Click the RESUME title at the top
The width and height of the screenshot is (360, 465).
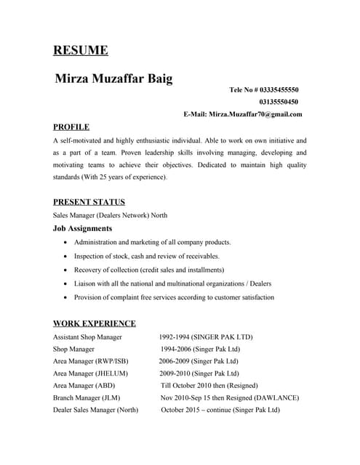[x=81, y=50]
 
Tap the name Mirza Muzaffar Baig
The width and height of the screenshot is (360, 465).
[x=114, y=78]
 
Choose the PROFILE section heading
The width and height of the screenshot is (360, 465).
[x=71, y=126]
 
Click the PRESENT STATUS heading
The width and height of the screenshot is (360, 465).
[x=89, y=202]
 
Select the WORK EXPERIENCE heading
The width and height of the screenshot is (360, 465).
[x=95, y=323]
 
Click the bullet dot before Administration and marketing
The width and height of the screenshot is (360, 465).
[x=67, y=243]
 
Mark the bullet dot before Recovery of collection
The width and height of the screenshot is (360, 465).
[x=67, y=270]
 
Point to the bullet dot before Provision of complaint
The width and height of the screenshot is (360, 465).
[x=67, y=298]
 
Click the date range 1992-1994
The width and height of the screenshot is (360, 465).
[x=178, y=337]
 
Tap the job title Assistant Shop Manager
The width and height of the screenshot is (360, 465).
[x=87, y=337]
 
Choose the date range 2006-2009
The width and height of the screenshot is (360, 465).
[x=178, y=361]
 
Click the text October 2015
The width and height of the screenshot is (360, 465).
[x=185, y=410]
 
